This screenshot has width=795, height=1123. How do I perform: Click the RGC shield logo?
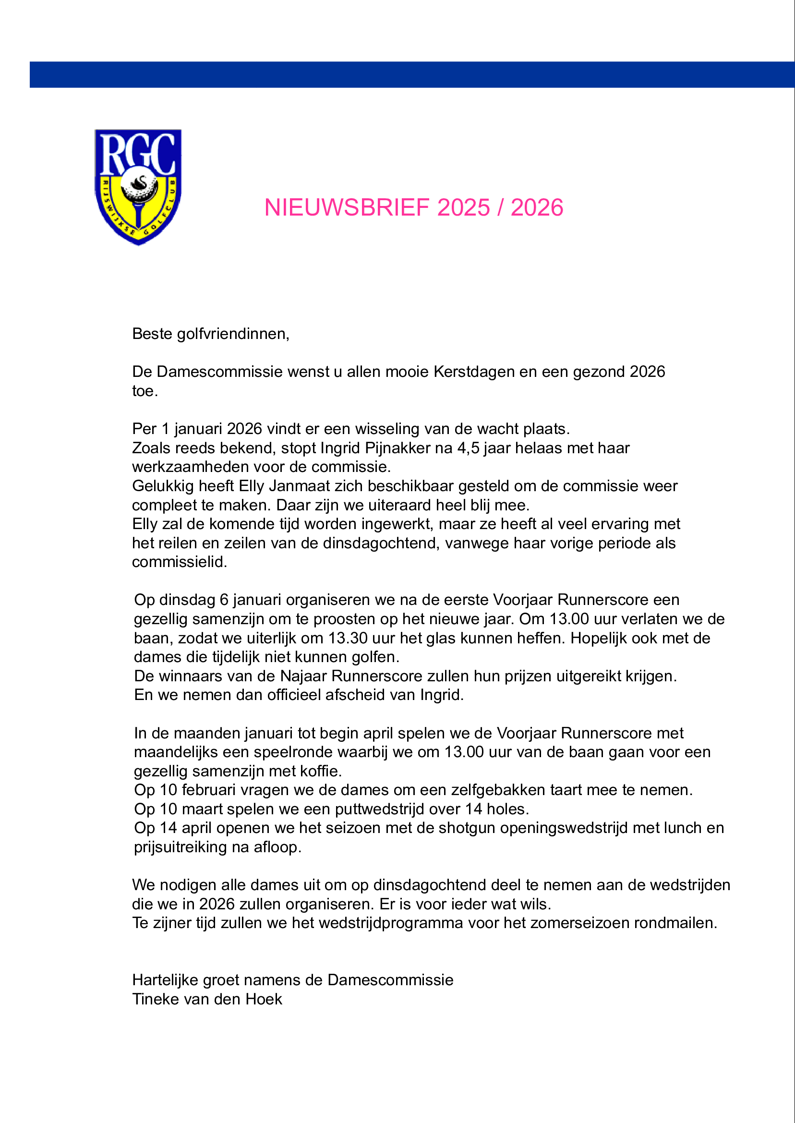[x=138, y=186]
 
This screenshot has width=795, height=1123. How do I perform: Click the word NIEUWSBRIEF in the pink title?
[x=347, y=207]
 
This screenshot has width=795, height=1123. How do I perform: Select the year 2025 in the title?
[x=463, y=207]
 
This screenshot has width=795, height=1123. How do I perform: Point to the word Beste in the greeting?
[x=152, y=334]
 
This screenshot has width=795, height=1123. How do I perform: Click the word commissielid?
[x=180, y=562]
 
